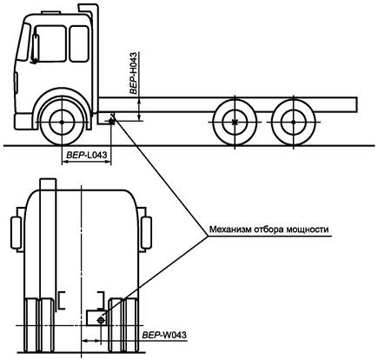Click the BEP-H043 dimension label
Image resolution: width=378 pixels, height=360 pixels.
point(133,73)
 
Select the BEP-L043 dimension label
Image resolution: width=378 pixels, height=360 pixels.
point(87,155)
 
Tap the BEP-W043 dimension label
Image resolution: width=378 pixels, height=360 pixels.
point(164,335)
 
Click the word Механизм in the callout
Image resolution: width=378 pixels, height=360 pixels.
point(230,230)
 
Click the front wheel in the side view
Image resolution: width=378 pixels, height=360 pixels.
point(62,123)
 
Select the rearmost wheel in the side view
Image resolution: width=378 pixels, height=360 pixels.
point(293,123)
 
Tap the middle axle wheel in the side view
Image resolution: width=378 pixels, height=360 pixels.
point(235,123)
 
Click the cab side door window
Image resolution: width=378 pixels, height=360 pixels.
point(50,43)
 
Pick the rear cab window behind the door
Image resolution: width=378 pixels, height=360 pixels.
point(79,43)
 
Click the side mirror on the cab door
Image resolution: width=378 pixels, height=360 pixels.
point(35,50)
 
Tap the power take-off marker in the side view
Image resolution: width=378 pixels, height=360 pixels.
point(111,122)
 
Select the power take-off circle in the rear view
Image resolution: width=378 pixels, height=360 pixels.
point(101,320)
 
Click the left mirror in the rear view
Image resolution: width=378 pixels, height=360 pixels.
point(16,233)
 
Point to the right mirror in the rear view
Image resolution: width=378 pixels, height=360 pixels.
point(146,233)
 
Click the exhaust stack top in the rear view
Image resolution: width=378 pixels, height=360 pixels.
point(48,183)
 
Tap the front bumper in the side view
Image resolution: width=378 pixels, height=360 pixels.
point(23,122)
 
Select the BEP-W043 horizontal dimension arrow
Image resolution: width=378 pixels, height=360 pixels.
point(91,340)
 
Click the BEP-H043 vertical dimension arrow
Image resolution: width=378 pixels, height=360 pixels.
point(140,109)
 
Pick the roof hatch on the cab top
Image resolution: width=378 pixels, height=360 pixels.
point(51,12)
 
